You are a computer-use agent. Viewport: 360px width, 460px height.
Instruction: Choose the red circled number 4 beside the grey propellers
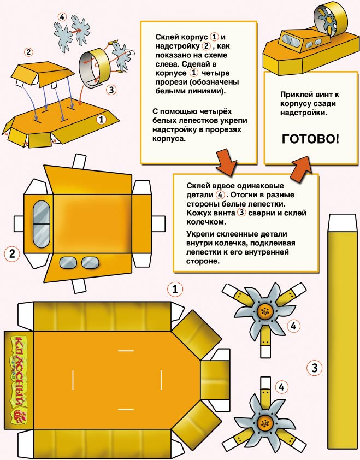(62, 16)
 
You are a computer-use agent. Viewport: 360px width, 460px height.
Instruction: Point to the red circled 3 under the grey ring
(111, 90)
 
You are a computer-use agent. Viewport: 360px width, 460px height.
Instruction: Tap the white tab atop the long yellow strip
(343, 222)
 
